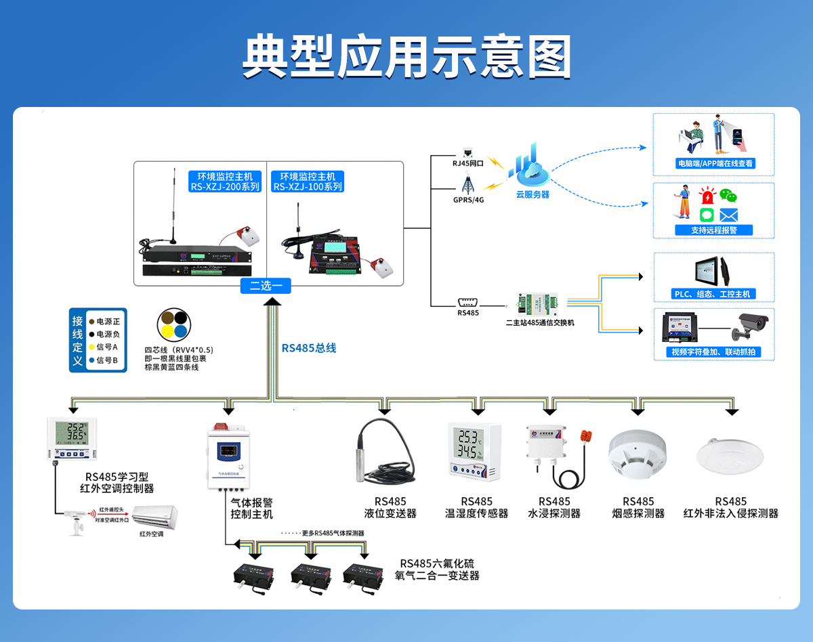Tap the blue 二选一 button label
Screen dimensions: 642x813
point(266,286)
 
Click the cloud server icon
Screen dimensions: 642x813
point(531,169)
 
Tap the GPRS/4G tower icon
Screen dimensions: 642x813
point(467,184)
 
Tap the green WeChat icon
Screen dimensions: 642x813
point(728,196)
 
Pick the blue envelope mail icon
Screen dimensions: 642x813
point(728,215)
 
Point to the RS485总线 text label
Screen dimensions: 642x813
point(309,348)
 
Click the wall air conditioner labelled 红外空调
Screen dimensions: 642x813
point(157,518)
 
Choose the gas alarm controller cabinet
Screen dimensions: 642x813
point(228,454)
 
